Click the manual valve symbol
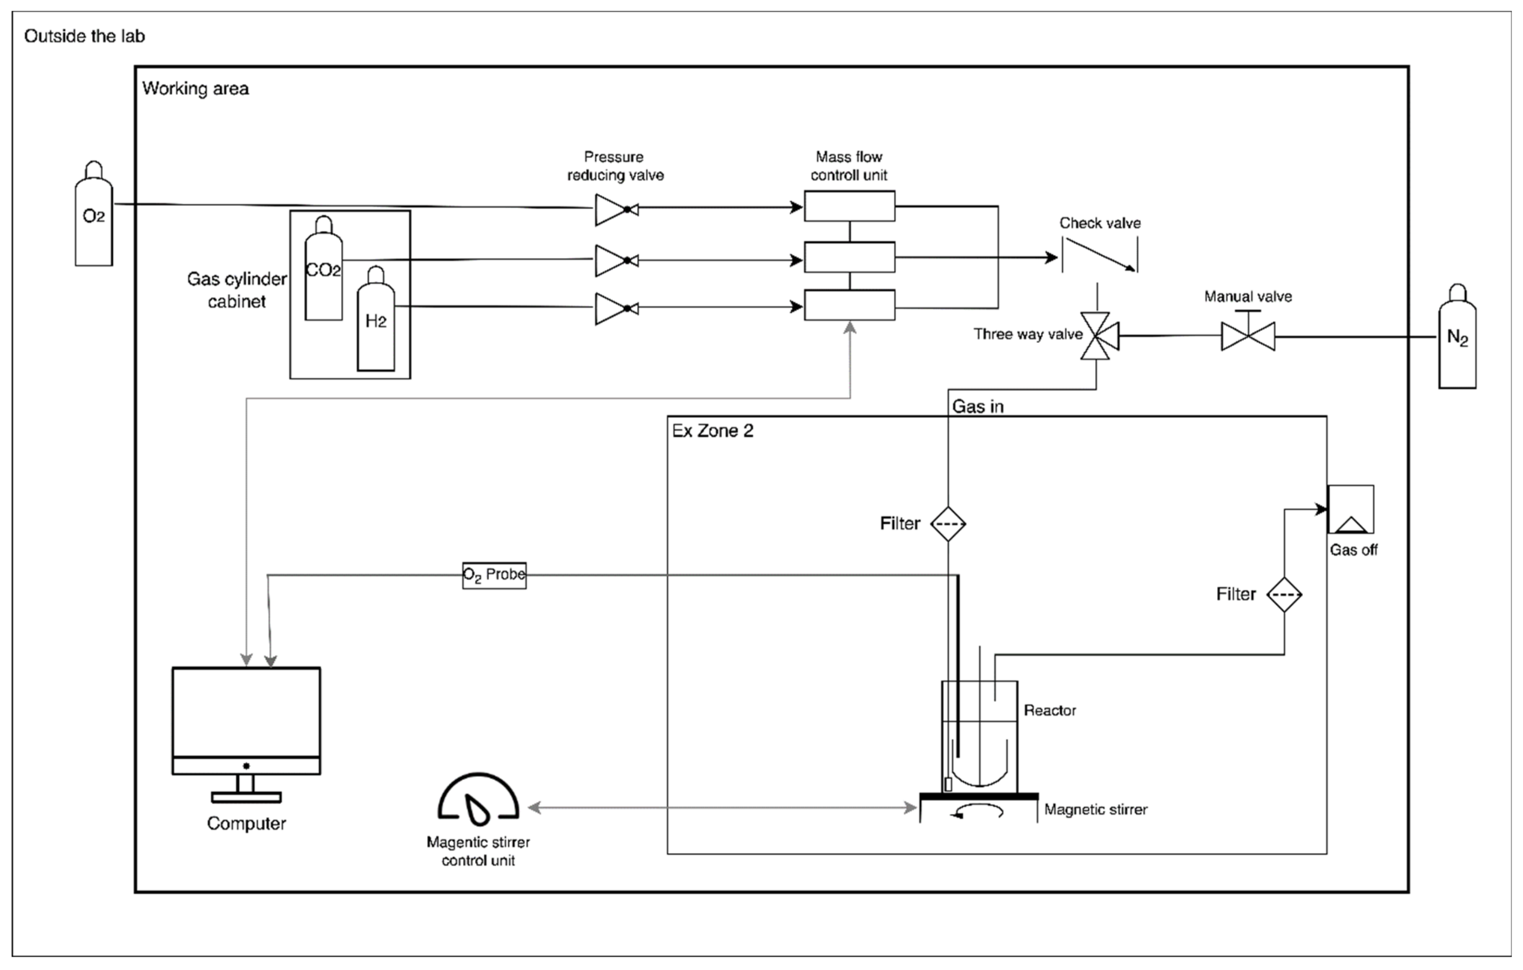(x=1247, y=335)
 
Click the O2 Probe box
(x=494, y=575)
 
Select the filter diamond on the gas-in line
(x=948, y=524)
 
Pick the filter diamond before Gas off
(x=1284, y=594)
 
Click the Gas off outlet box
(x=1350, y=510)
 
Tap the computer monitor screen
(x=246, y=712)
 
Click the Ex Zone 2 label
(x=712, y=431)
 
